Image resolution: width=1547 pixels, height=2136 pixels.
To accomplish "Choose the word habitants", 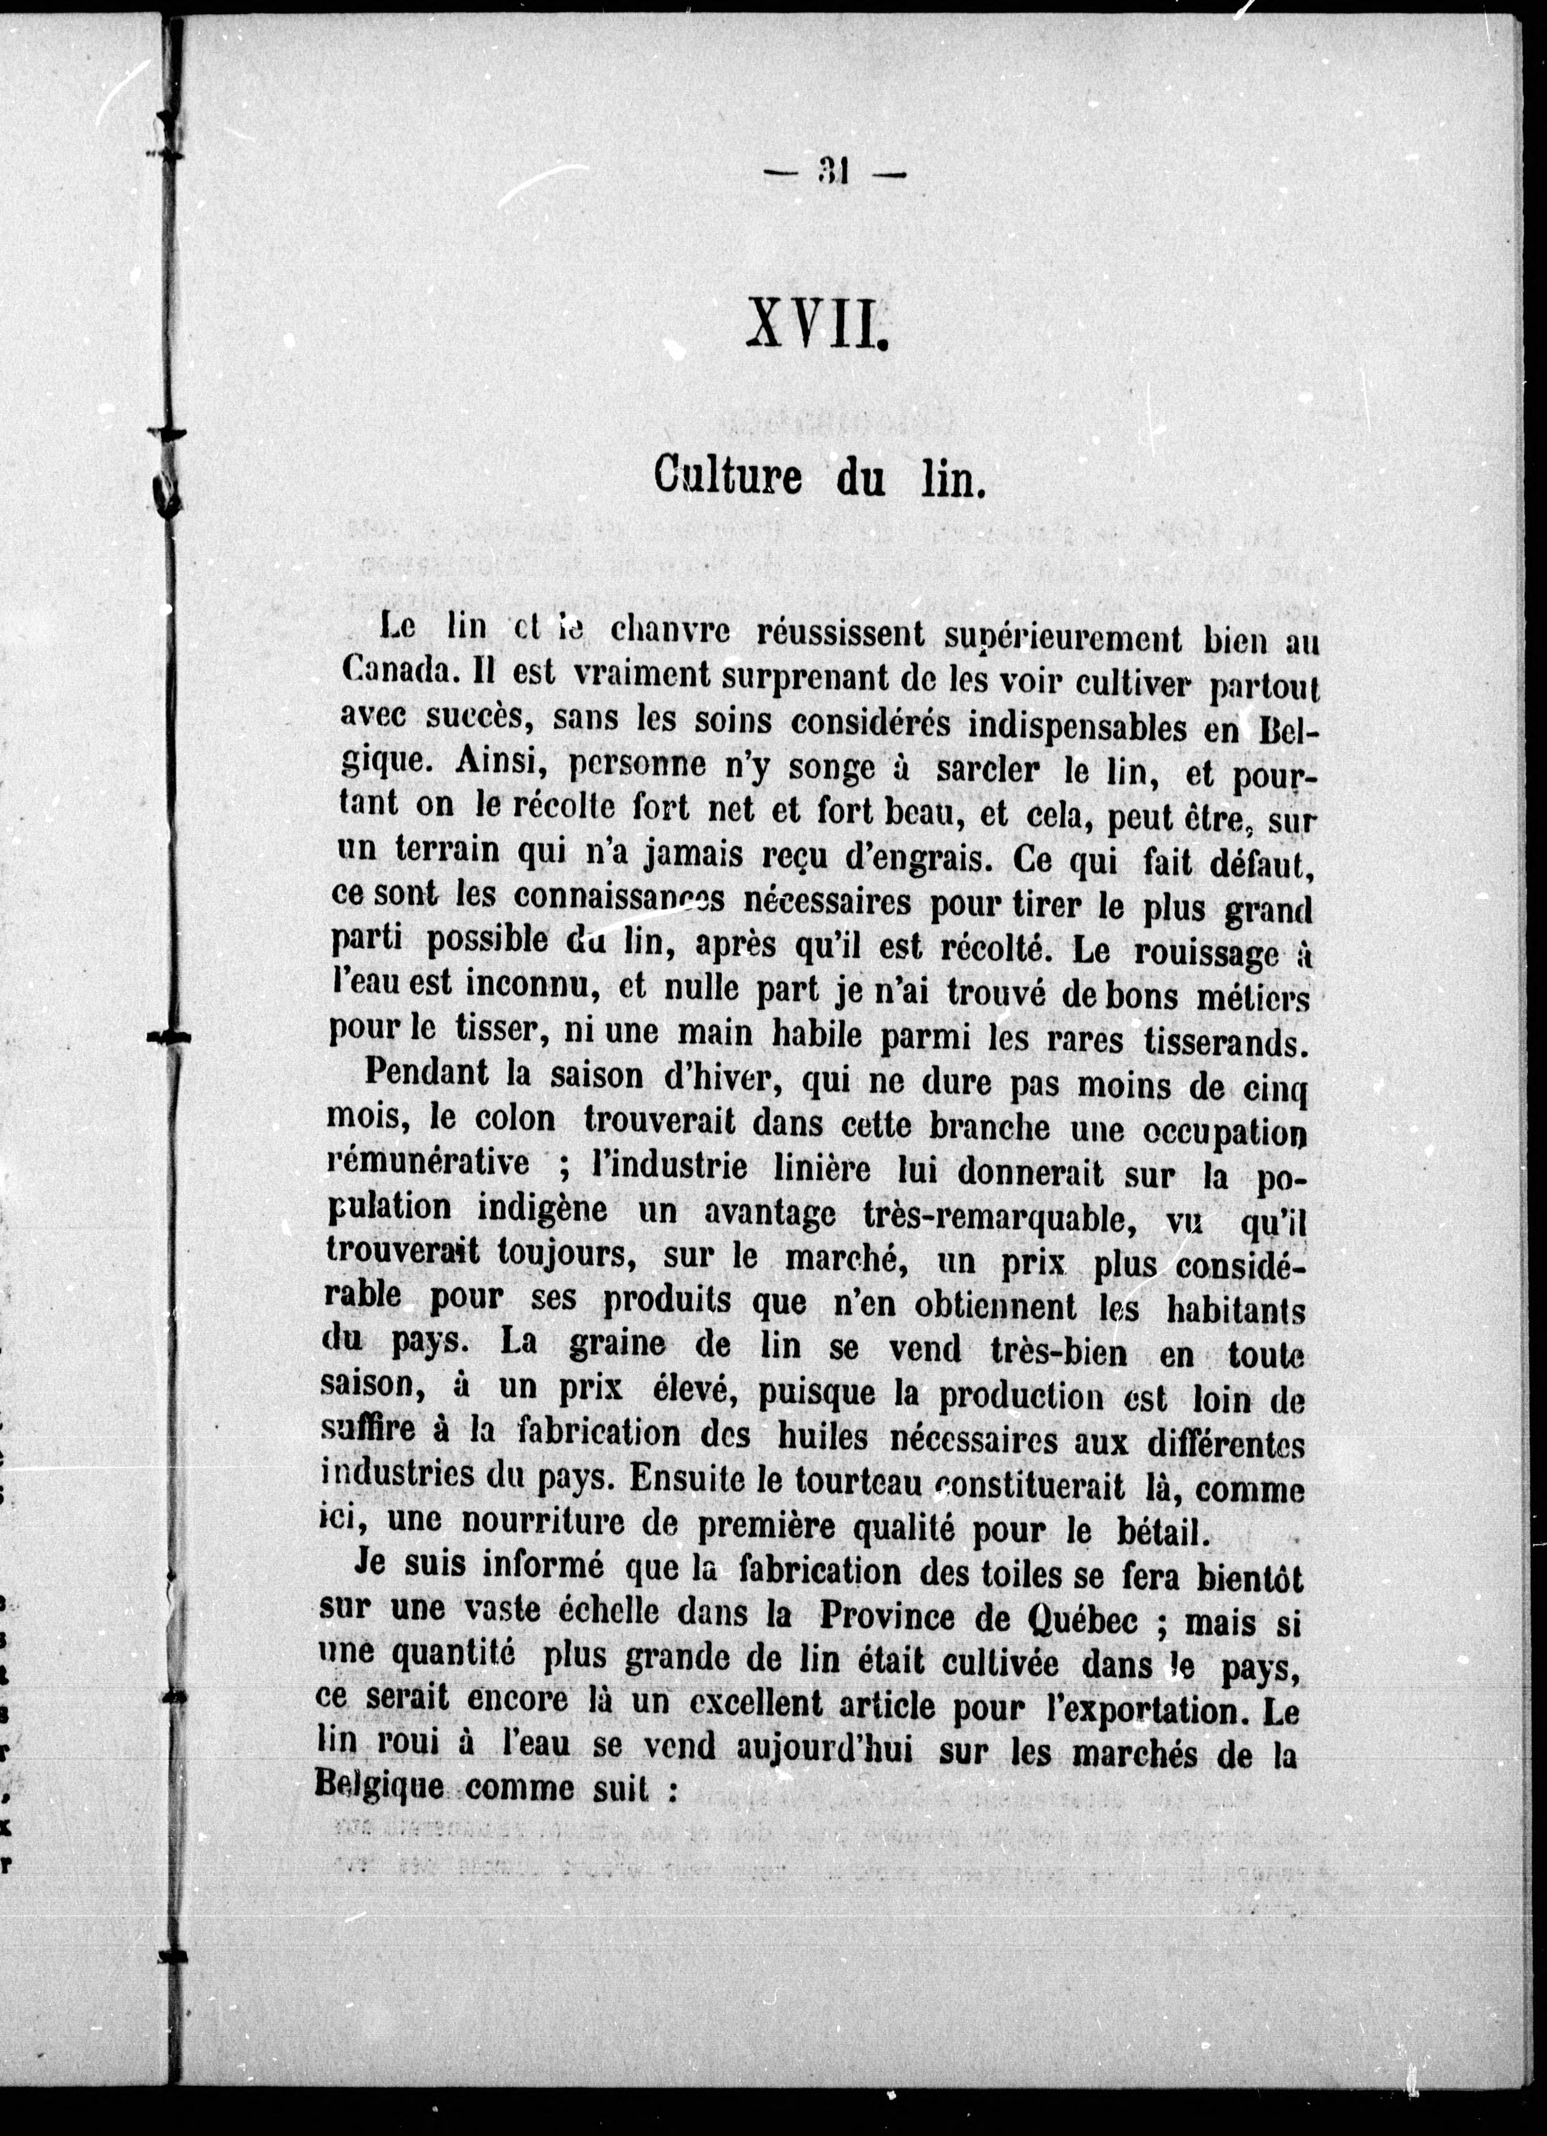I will coord(1236,1309).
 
